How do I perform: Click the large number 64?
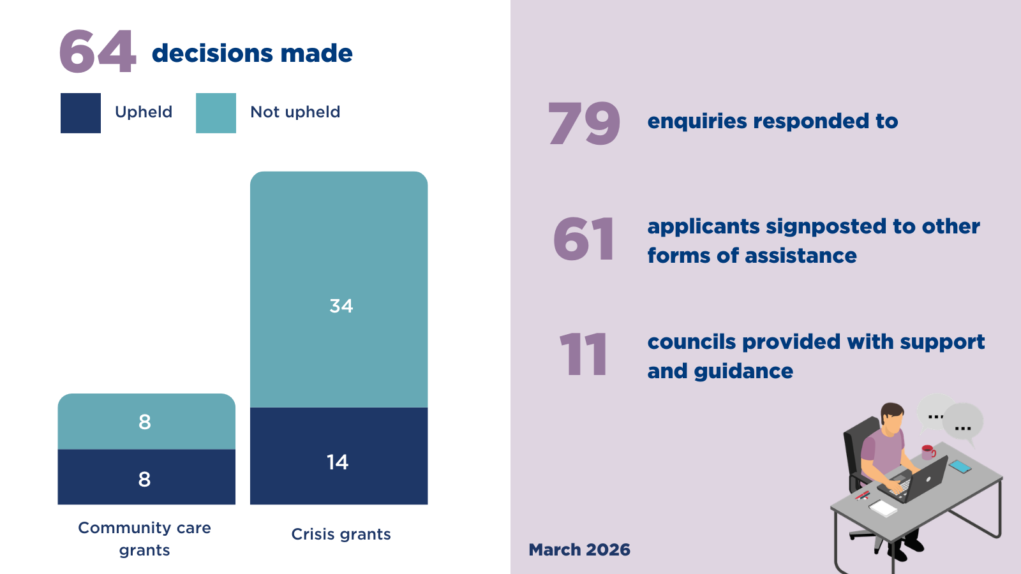(98, 52)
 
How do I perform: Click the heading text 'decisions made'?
(252, 54)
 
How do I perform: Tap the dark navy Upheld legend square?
(80, 113)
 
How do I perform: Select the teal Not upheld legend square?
(216, 113)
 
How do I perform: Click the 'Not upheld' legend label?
(295, 112)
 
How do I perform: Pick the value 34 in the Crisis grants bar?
(341, 306)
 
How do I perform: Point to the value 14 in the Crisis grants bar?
(337, 462)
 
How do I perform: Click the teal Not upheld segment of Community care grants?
(146, 422)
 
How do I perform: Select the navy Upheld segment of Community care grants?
(146, 478)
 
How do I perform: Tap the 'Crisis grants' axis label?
(341, 534)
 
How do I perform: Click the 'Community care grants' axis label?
(144, 539)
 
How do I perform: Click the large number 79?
(584, 123)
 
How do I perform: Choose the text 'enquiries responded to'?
(772, 121)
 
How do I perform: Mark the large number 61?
(584, 240)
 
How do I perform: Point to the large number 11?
(583, 355)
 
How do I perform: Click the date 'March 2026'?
(579, 550)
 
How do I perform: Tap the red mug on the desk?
(928, 452)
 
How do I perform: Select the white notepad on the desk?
(883, 508)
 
